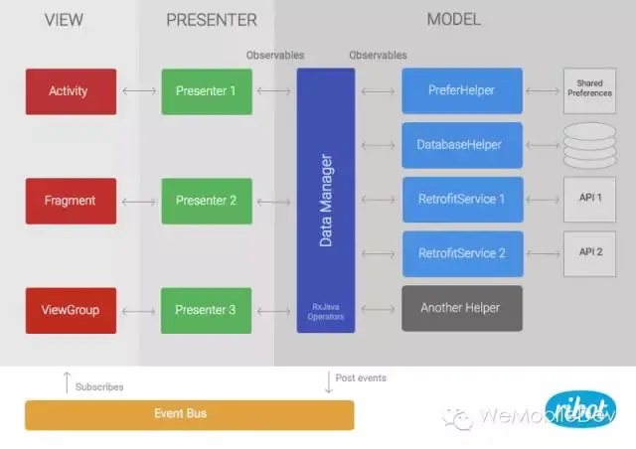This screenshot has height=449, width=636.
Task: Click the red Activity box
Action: point(70,91)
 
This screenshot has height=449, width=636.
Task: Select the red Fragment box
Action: point(70,201)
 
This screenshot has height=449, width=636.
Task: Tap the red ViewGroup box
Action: point(70,310)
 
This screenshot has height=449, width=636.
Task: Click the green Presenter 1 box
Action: point(206,91)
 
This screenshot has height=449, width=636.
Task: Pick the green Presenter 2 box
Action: point(206,201)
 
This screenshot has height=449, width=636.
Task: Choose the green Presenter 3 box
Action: point(206,310)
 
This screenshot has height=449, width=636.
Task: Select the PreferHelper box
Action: point(462,91)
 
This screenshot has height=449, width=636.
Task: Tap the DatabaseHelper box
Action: point(462,146)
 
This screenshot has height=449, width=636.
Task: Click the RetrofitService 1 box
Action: point(462,200)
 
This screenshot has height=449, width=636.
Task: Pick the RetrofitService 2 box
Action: point(462,254)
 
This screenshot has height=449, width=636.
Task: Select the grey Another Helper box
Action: point(462,308)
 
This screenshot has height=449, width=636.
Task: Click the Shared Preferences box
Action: point(590,91)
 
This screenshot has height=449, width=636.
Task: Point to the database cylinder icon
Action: point(590,146)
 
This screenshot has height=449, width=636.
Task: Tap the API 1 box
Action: point(590,199)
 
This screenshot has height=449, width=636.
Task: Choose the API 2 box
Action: point(590,253)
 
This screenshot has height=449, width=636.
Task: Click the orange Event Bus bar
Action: point(189,414)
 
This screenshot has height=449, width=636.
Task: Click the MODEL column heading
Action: point(453,20)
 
